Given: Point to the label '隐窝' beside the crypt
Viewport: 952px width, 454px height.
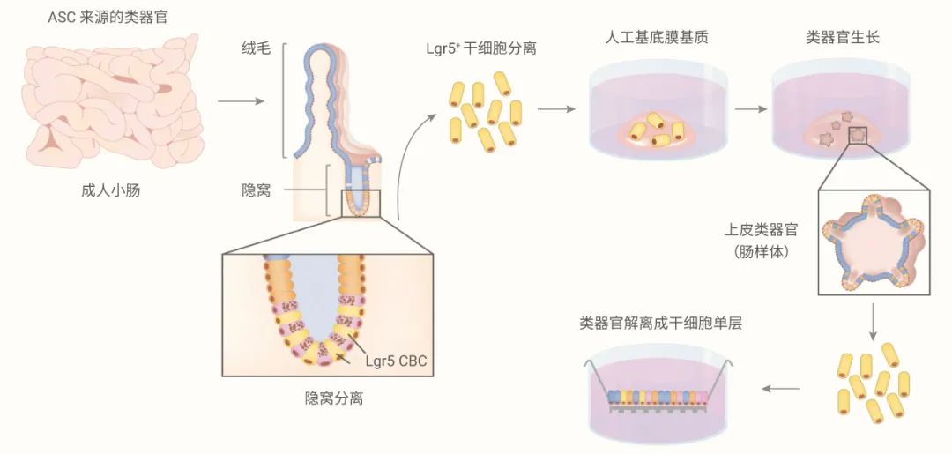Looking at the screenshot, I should [257, 190].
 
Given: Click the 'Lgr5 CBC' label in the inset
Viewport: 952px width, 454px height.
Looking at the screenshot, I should [393, 361].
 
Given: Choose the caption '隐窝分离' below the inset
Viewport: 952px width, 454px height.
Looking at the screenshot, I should [328, 398].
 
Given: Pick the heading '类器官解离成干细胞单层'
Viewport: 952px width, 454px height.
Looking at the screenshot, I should [660, 323].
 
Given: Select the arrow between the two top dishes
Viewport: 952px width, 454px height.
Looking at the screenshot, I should [750, 110].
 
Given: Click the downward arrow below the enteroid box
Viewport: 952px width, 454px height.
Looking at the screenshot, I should [872, 323].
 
